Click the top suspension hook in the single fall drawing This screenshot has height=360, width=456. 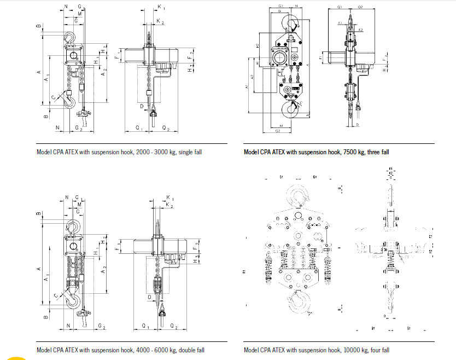tap(71, 37)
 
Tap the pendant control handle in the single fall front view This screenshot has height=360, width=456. tap(84, 115)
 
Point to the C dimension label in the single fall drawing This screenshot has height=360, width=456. tap(54, 97)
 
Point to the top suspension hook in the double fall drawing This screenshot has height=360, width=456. tap(72, 227)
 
